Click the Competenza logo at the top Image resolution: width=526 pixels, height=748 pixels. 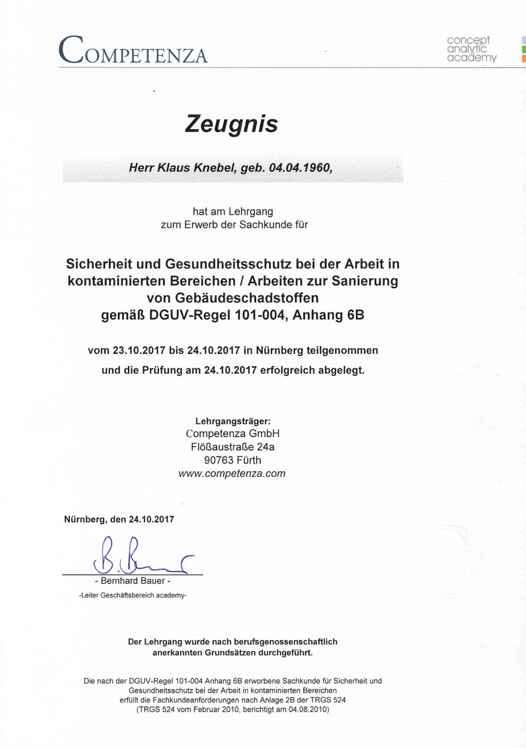click(133, 51)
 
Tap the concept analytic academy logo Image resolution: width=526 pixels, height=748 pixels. click(471, 49)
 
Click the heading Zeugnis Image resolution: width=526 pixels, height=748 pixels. click(232, 124)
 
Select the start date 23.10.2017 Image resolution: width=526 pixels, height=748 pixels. click(139, 351)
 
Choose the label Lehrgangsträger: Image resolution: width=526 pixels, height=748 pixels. click(233, 422)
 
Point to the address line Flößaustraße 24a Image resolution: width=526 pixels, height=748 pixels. click(233, 447)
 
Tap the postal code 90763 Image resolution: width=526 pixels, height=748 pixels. click(219, 460)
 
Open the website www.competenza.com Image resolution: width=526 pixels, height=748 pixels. click(232, 474)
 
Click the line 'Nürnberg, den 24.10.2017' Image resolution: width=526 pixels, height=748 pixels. click(119, 520)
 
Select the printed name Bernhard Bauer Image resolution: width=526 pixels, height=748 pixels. click(133, 581)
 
